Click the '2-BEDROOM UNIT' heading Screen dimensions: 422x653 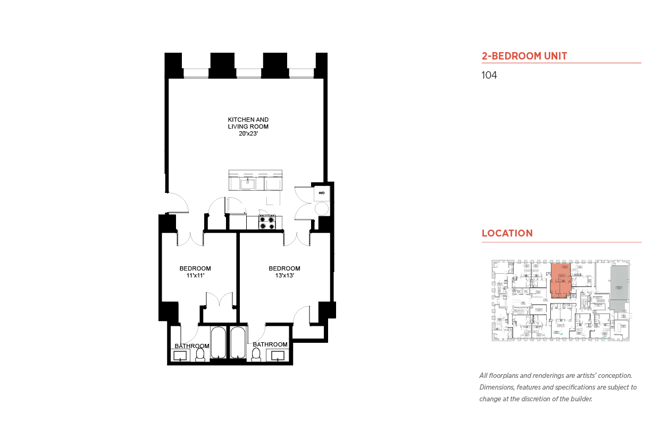point(524,56)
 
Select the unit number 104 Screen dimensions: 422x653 point(489,75)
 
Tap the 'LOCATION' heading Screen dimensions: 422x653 point(507,233)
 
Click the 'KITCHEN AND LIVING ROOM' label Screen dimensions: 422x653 point(248,123)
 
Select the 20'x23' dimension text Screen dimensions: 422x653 point(248,134)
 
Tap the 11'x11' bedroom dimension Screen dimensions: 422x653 point(195,275)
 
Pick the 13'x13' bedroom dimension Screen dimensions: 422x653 point(284,275)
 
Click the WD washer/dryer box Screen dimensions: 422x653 point(321,193)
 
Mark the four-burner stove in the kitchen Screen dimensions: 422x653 point(266,222)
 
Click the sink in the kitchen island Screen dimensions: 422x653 point(248,184)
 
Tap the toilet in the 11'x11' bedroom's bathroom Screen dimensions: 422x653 point(200,355)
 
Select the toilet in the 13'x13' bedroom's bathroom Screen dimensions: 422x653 point(255,355)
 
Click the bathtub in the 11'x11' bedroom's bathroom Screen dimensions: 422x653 point(219,343)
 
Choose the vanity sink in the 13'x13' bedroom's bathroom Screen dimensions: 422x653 point(278,356)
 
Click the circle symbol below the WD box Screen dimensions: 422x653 point(321,208)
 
